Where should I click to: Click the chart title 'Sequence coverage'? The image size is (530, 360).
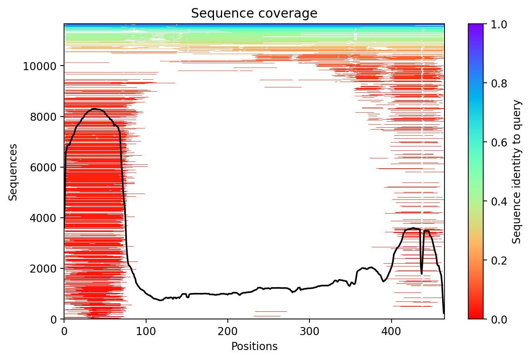(254, 13)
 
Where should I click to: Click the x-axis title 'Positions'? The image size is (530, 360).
(254, 347)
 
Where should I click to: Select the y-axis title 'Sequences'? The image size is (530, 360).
(13, 172)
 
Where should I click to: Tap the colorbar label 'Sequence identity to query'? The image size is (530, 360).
(517, 172)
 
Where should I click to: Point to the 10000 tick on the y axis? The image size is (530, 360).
(40, 66)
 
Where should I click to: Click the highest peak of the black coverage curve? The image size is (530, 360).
(94, 109)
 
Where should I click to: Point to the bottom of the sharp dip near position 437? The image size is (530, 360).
(421, 274)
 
